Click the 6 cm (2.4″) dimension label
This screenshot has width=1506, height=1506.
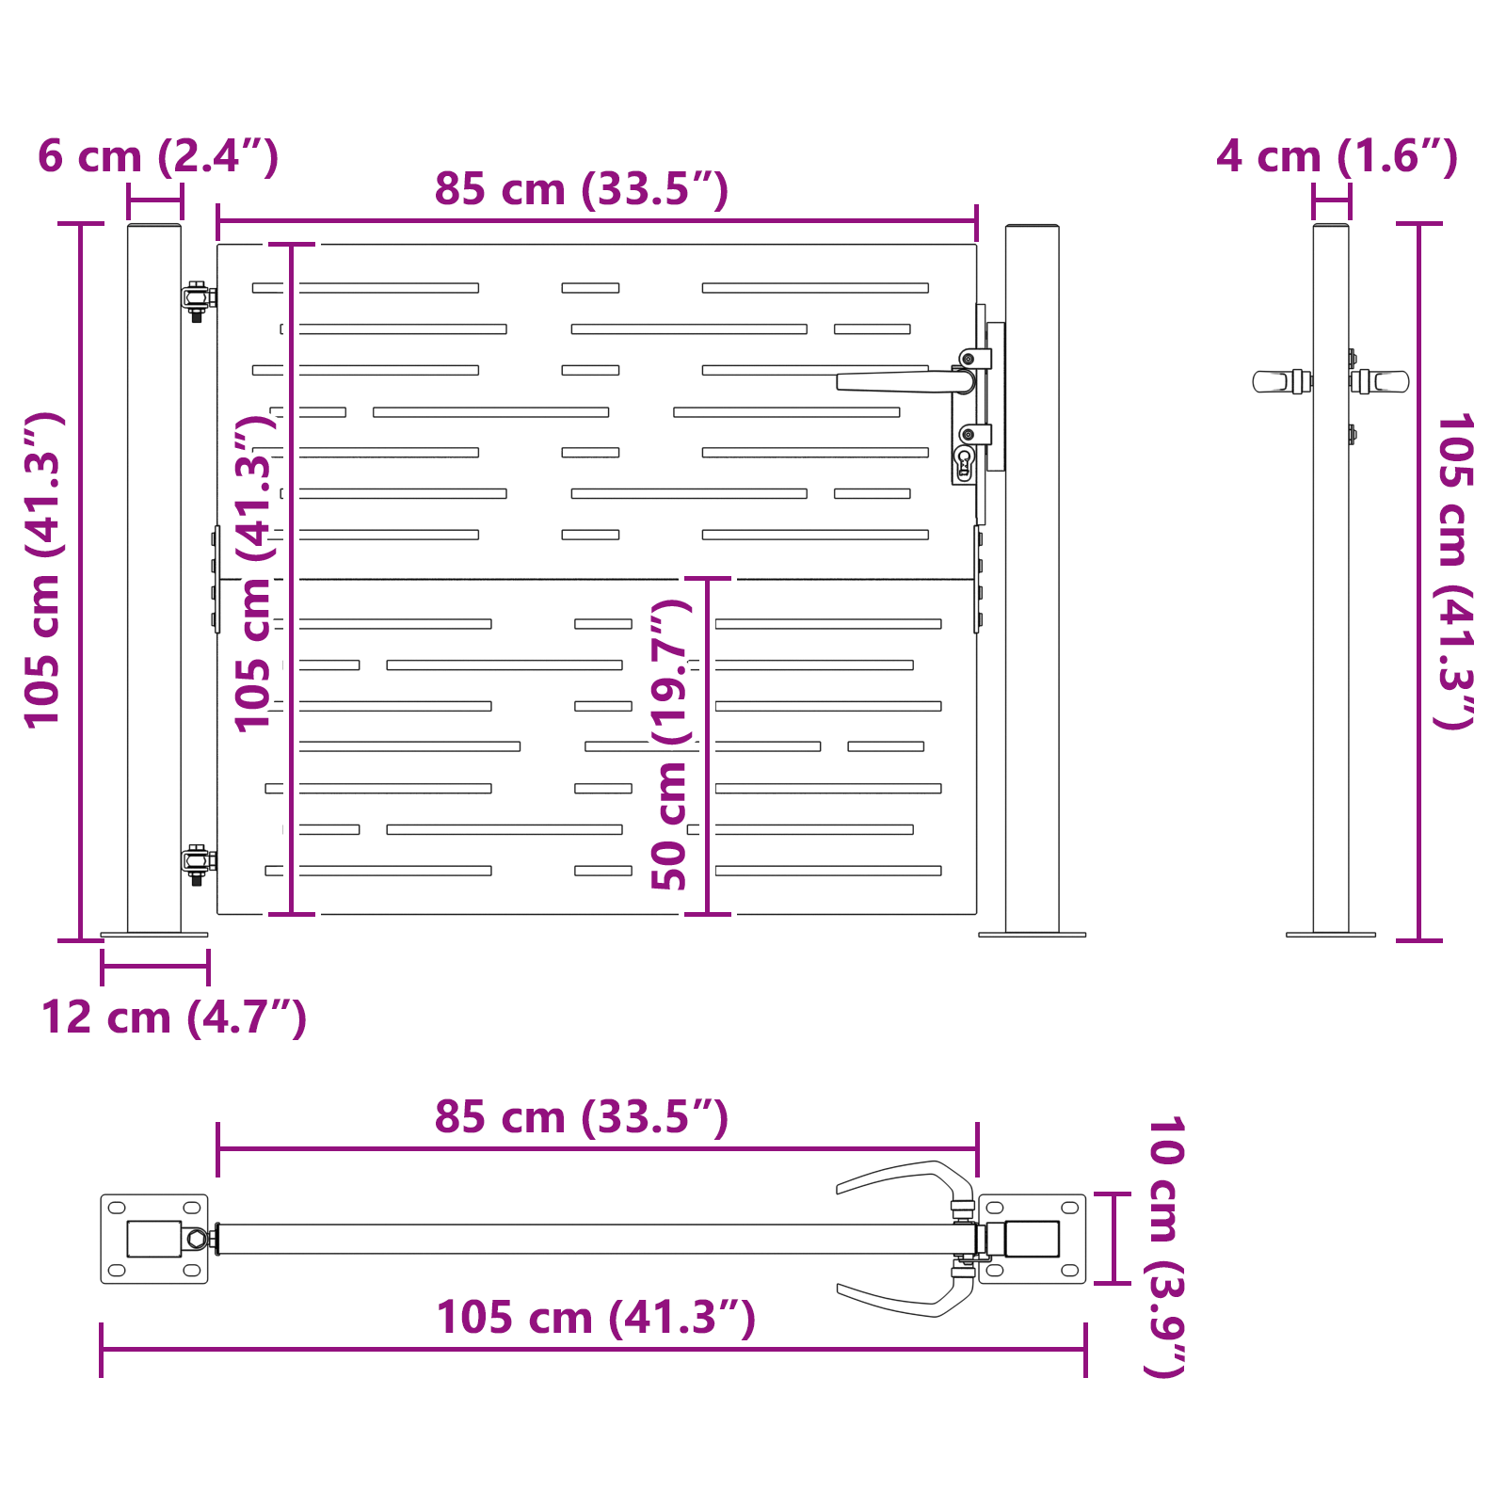tap(158, 157)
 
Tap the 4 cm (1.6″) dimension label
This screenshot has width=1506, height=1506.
tap(1337, 157)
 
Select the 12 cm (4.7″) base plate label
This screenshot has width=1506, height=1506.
tap(174, 1018)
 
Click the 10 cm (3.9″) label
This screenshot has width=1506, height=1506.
tap(1165, 1246)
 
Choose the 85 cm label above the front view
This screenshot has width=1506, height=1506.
tap(581, 190)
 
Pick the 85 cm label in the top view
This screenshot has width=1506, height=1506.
tap(581, 1118)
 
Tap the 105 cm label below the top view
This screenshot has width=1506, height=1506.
tap(596, 1318)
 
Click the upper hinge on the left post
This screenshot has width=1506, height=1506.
tap(198, 298)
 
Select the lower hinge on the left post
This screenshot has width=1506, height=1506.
tap(198, 861)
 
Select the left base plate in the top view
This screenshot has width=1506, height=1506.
tap(154, 1239)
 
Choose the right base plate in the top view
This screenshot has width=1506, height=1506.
tap(1033, 1239)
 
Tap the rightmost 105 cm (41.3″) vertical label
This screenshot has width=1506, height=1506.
tap(1453, 570)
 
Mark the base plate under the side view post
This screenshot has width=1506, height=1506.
tap(1330, 935)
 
